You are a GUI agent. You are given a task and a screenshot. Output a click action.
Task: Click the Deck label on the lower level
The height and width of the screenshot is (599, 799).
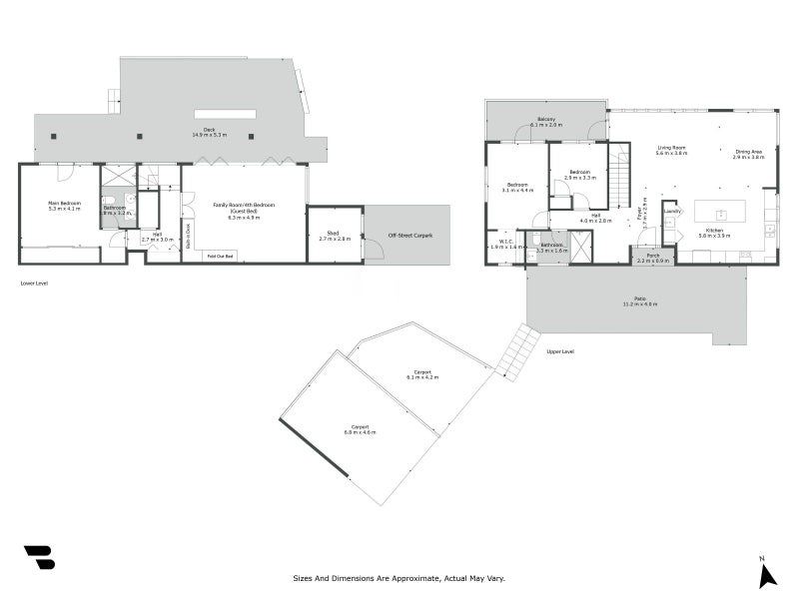(x=210, y=131)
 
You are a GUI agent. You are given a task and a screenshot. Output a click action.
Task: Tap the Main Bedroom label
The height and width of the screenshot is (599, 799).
(x=64, y=206)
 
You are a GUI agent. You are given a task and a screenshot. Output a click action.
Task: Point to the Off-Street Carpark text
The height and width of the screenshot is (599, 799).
(x=409, y=236)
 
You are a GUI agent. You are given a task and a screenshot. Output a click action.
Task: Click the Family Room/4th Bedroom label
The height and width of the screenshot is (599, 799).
(x=244, y=207)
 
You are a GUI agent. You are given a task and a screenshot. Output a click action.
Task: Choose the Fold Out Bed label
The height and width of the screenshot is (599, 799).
(x=221, y=257)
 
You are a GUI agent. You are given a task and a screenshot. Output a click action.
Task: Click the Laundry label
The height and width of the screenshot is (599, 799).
(x=672, y=211)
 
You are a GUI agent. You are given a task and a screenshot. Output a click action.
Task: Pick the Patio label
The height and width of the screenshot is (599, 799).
(x=639, y=300)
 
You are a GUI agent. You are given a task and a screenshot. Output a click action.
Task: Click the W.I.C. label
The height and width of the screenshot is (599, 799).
(x=500, y=243)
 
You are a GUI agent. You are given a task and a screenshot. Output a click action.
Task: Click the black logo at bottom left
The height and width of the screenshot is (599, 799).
(x=39, y=557)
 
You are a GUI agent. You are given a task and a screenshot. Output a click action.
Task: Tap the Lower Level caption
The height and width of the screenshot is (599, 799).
(x=34, y=284)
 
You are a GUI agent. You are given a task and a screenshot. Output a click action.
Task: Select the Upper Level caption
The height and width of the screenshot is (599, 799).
(x=560, y=351)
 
